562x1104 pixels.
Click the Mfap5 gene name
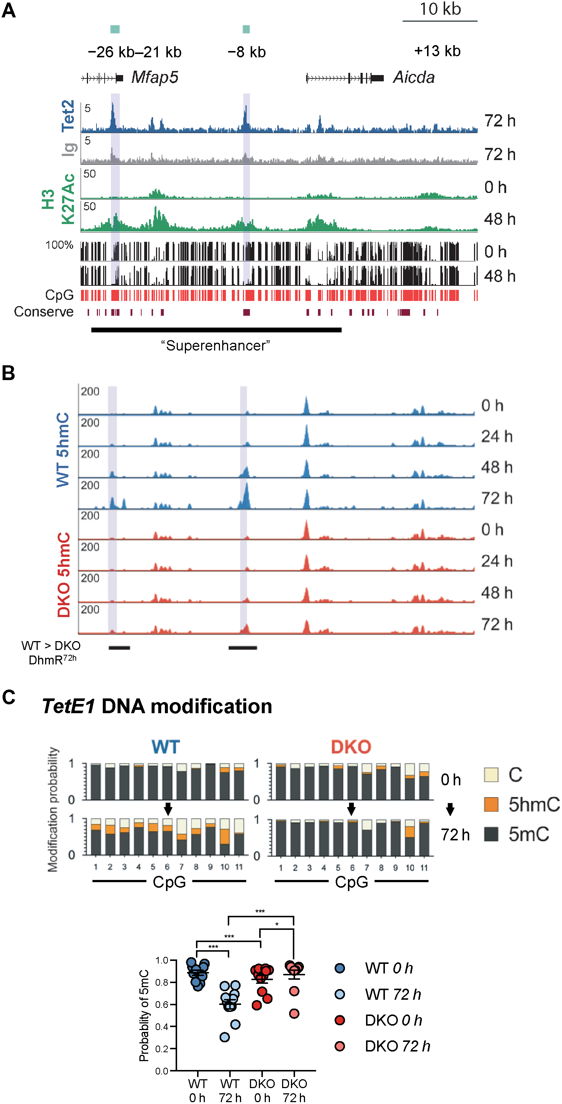pos(155,77)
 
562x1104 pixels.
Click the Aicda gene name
pos(414,77)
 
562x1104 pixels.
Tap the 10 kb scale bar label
pos(440,9)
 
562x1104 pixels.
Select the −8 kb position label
pos(247,52)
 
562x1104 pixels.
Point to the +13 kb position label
pos(437,51)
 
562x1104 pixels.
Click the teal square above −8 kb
pos(246,29)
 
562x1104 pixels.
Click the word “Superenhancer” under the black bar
pos(215,345)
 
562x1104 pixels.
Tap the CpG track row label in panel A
pos(59,295)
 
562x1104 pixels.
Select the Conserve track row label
pos(44,312)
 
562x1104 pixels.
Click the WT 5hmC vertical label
pos(63,450)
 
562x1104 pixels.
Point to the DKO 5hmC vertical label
pos(64,574)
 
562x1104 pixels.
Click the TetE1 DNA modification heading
pos(157,706)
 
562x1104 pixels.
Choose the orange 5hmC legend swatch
pos(491,805)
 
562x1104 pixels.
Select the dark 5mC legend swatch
pos(491,834)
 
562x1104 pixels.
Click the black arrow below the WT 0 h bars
pos(168,809)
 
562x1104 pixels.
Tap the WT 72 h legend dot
pos(339,994)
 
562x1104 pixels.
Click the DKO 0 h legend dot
pos(339,1020)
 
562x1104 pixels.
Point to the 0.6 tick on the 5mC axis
pos(162,1004)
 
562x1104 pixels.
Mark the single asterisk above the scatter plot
pos(277,924)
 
